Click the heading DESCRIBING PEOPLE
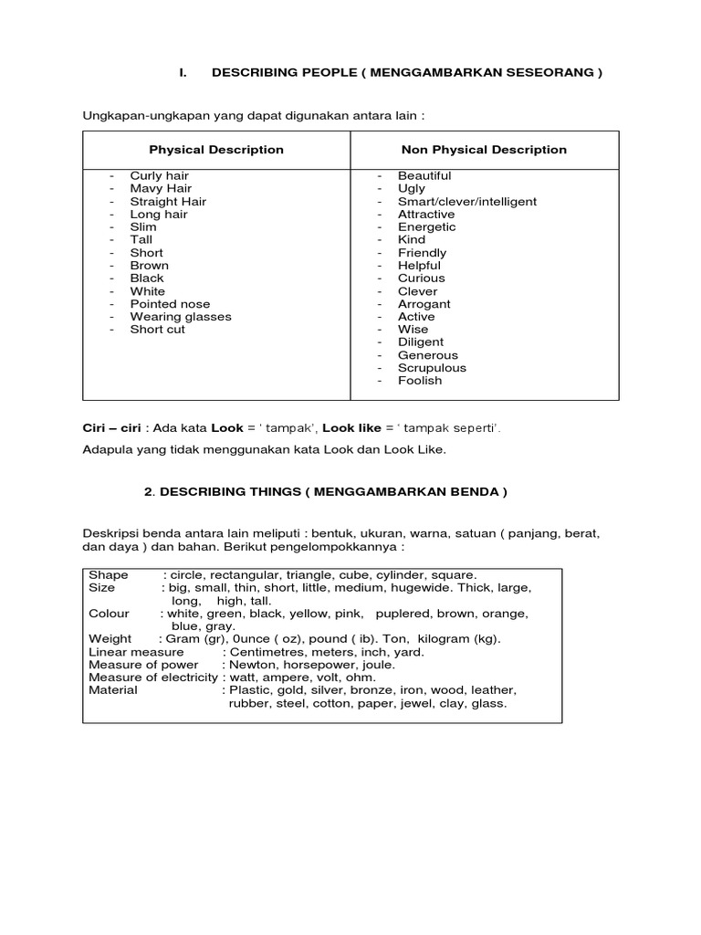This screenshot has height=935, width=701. [x=406, y=73]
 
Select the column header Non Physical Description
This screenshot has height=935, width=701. [x=484, y=150]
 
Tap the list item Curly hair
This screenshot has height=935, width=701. [x=158, y=175]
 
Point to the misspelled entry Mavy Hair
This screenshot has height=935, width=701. [x=160, y=188]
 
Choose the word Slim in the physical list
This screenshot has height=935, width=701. [x=143, y=226]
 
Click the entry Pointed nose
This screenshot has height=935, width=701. [x=170, y=304]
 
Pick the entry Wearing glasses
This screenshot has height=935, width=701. [x=181, y=317]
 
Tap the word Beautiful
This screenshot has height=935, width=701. [x=424, y=175]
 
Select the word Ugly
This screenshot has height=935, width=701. [x=411, y=188]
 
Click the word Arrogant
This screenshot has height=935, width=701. [x=424, y=304]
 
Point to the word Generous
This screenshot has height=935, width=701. [x=427, y=355]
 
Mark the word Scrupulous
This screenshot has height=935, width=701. [x=432, y=368]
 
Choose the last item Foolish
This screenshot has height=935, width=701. [x=419, y=381]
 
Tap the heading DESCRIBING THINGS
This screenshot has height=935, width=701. [x=325, y=491]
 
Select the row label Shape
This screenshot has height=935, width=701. [x=109, y=575]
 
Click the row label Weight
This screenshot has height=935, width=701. [x=110, y=639]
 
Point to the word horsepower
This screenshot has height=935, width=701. [x=318, y=665]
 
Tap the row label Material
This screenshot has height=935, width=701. [x=113, y=690]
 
